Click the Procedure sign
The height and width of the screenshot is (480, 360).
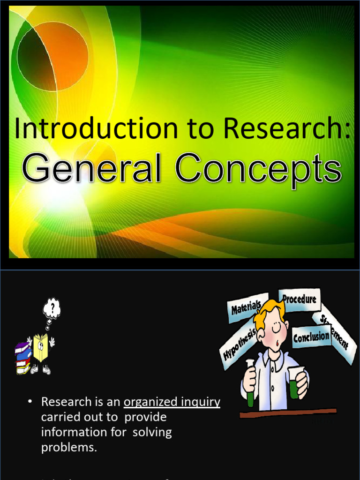[300, 300]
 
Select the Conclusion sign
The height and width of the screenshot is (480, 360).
[311, 337]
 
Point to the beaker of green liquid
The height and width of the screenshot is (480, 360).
[295, 383]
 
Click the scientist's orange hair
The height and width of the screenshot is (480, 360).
[268, 313]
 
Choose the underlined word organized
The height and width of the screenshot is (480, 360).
[150, 402]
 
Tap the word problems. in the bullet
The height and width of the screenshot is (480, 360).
[69, 447]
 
